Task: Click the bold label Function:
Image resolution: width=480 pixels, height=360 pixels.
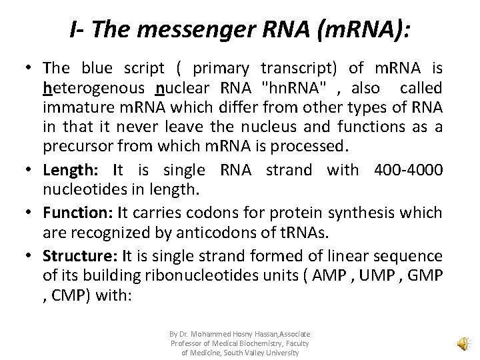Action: coord(73,213)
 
